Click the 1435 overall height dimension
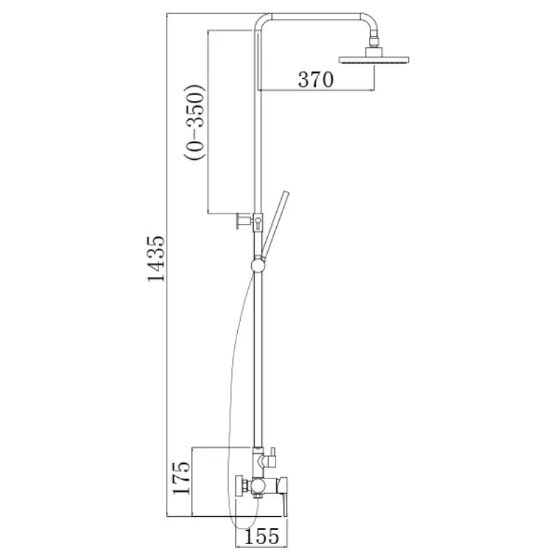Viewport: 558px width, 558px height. [156, 259]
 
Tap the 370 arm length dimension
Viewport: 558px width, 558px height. [316, 80]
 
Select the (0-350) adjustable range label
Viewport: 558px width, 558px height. [195, 122]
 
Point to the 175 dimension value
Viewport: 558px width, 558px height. [181, 478]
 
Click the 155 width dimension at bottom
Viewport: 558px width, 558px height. [262, 536]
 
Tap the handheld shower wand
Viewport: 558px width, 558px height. [275, 224]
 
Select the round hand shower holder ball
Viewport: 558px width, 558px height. [257, 266]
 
